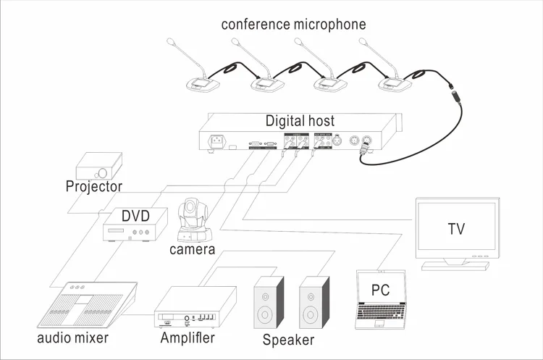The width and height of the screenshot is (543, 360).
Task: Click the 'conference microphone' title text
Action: click(x=293, y=25)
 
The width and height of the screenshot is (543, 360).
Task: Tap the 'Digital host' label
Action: click(x=300, y=120)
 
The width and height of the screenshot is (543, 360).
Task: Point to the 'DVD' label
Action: click(x=135, y=216)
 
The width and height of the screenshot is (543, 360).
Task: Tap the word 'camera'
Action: click(x=192, y=250)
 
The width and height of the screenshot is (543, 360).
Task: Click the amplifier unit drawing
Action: click(x=195, y=305)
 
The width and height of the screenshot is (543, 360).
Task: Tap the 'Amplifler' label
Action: click(x=187, y=338)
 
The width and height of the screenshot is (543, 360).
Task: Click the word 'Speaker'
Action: click(x=288, y=340)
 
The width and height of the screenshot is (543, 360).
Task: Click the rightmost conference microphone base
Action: click(x=396, y=85)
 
